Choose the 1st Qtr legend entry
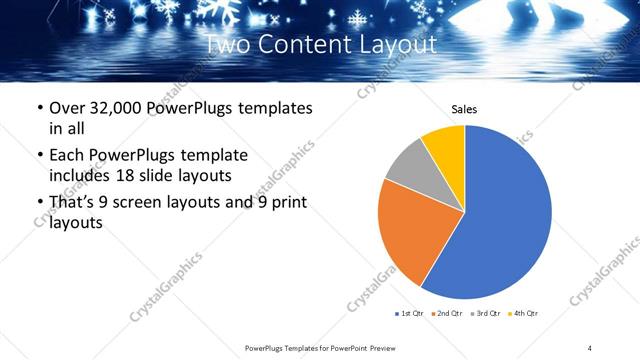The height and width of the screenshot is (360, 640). tap(411, 314)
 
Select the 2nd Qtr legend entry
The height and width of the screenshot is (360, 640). tap(448, 314)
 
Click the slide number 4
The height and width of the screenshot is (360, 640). tap(590, 347)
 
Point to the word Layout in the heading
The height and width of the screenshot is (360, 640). tap(398, 44)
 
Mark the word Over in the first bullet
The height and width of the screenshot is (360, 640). tap(68, 108)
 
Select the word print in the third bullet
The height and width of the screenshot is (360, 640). tap(284, 203)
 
